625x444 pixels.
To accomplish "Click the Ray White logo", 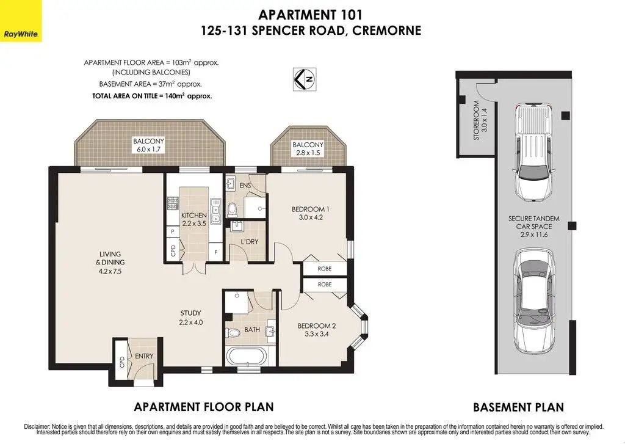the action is [21, 21].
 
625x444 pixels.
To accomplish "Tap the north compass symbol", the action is [305, 79].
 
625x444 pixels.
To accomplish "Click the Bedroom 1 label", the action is [311, 213].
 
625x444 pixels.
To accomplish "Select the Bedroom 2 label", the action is [317, 330].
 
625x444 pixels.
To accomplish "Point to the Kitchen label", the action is [193, 219].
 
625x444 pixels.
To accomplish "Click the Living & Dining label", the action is [110, 263].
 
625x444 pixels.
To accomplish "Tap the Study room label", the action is [190, 318].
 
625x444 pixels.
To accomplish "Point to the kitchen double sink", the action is [215, 211].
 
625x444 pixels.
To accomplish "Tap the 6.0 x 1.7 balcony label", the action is [148, 145].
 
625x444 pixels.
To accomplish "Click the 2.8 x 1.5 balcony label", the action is [308, 149].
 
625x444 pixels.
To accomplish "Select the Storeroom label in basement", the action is [480, 120].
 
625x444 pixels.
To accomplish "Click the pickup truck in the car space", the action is [533, 153].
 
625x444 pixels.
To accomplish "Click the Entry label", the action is [144, 356].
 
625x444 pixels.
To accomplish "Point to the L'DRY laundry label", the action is [250, 242].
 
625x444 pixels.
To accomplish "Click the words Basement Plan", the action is [518, 407].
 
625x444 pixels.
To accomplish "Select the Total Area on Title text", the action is [152, 96].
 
